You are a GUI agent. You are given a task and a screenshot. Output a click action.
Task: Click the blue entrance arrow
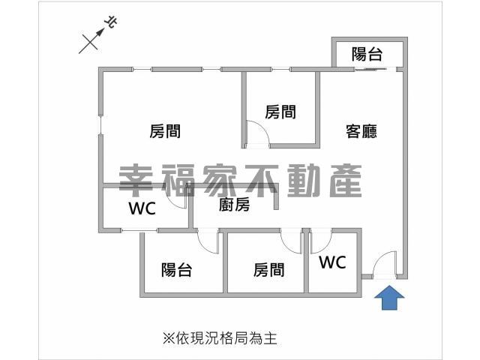[389, 298]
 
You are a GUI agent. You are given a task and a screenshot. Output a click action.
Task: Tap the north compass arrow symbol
[91, 39]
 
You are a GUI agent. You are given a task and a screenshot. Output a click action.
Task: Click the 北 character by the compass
[111, 22]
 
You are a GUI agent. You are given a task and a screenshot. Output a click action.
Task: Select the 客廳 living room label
[361, 131]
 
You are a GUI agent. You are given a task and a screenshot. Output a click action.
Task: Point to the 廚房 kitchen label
[234, 205]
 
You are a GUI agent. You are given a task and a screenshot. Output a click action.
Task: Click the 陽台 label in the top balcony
[367, 54]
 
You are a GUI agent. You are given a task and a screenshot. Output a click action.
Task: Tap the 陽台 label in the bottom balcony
[177, 270]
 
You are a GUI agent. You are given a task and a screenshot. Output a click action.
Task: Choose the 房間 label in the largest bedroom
[165, 131]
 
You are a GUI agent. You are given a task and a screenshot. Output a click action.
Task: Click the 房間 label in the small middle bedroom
[280, 112]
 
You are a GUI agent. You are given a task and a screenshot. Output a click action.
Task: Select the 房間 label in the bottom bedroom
[268, 270]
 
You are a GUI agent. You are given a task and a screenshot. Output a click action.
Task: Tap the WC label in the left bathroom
[142, 208]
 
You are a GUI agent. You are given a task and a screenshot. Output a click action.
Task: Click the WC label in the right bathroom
[332, 262]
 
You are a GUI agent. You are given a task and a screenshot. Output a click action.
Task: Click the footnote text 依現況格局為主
[226, 338]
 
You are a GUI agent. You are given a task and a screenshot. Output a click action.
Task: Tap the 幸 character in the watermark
[136, 181]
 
